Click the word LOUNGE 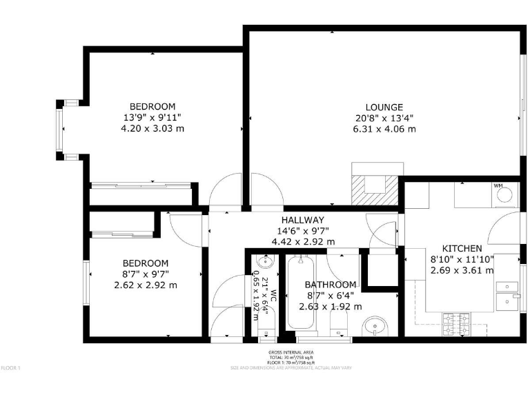384,107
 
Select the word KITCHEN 462,248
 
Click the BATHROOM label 331,285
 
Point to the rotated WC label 273,296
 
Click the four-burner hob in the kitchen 456,320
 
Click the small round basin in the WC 265,262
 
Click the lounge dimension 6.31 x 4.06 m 384,129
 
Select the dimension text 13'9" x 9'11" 153,117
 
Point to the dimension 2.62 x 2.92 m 145,285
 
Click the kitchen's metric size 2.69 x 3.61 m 462,270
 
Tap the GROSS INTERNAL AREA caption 291,353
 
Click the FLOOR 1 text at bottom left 11,368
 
